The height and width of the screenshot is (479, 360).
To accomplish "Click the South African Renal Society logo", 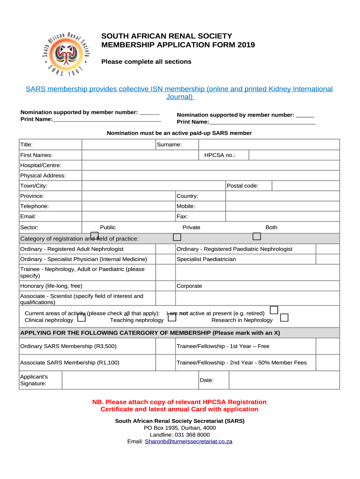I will (x=65, y=54).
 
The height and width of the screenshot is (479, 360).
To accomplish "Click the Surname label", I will (x=169, y=145).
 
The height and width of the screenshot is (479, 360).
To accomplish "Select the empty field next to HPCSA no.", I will (x=294, y=155).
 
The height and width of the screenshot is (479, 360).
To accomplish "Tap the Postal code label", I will (x=242, y=186).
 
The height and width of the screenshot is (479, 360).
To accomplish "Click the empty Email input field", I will (x=128, y=217).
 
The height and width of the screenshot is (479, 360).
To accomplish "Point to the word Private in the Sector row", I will (x=191, y=227).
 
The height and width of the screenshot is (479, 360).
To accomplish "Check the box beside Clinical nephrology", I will (x=81, y=319).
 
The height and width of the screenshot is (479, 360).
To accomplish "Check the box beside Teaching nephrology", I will (x=172, y=318).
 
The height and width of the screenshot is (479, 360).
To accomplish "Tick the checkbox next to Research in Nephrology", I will (x=284, y=318).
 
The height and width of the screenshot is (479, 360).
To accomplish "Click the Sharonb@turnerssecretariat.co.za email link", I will (x=188, y=442).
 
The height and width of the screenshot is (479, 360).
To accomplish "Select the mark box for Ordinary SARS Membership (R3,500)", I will (x=165, y=347).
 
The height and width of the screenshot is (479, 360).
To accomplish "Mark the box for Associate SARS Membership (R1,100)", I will (x=165, y=363).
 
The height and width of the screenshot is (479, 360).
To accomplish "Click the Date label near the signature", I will (x=206, y=380).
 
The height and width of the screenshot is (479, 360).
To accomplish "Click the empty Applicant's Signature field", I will (x=130, y=380).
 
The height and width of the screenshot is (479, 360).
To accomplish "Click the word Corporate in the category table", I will (x=189, y=286).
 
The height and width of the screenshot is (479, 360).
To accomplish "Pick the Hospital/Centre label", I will (x=41, y=165).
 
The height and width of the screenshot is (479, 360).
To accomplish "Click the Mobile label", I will (x=186, y=206).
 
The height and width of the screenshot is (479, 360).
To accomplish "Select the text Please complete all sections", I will (x=146, y=62).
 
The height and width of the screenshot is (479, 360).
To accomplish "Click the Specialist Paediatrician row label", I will (x=206, y=259).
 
